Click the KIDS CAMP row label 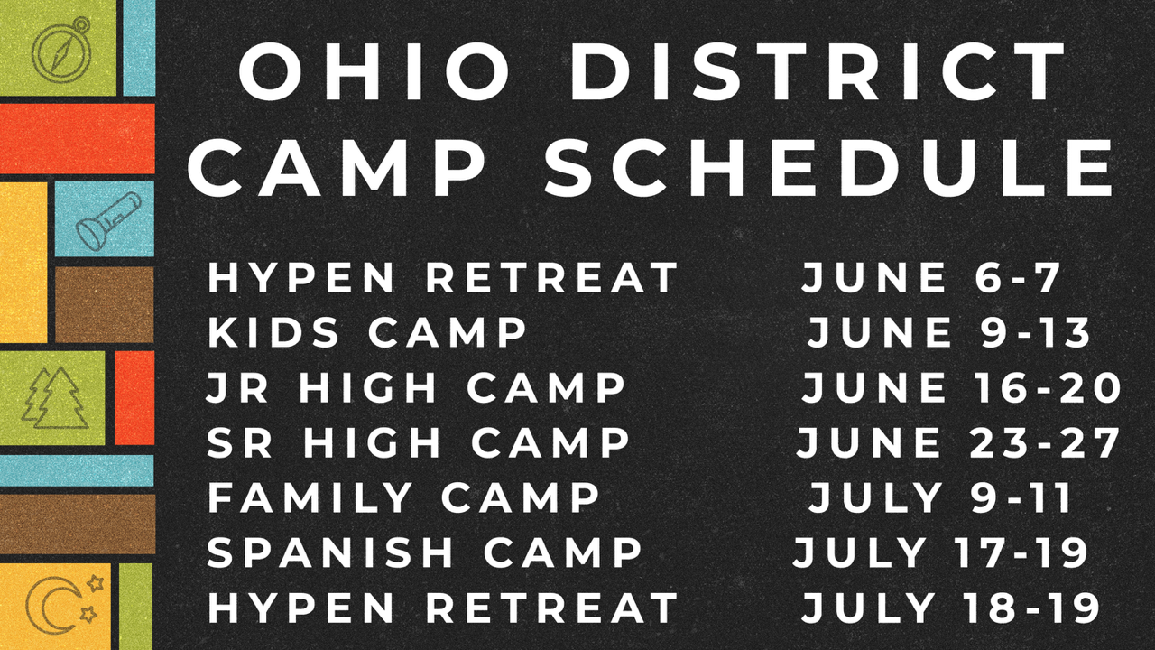tap(367, 332)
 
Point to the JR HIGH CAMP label tap(416, 387)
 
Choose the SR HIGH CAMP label tap(418, 442)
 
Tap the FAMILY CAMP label tap(403, 497)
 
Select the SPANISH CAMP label tap(424, 552)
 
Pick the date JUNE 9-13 tap(948, 332)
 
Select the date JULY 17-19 tap(940, 552)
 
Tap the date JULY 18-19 tap(951, 608)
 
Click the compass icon tap(62, 50)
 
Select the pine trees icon tap(55, 398)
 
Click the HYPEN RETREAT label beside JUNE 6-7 tap(442, 277)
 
